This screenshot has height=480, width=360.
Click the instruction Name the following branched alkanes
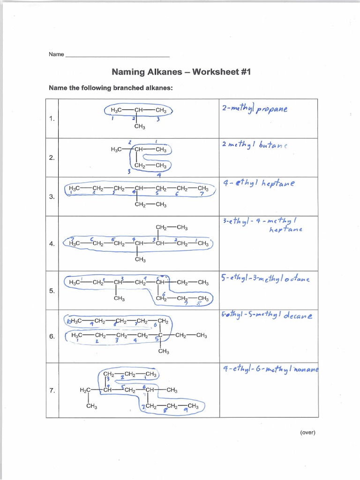(x=111, y=88)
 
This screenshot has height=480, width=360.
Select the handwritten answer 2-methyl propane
(x=255, y=109)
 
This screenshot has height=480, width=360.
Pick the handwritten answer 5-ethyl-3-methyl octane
(x=265, y=279)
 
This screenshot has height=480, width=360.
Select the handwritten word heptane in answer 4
(x=285, y=229)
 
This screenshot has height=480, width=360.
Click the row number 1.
(x=52, y=119)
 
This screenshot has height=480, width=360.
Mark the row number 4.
(x=52, y=244)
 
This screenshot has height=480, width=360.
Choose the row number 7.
(x=52, y=390)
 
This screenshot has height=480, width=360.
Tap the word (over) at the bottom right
(x=307, y=433)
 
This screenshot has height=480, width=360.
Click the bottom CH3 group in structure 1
(x=139, y=127)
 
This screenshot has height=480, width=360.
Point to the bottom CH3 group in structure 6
(x=164, y=351)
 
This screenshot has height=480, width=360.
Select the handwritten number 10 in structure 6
(x=69, y=322)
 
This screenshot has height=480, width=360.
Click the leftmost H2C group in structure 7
(x=86, y=390)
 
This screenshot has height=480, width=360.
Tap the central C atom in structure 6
(x=160, y=335)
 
